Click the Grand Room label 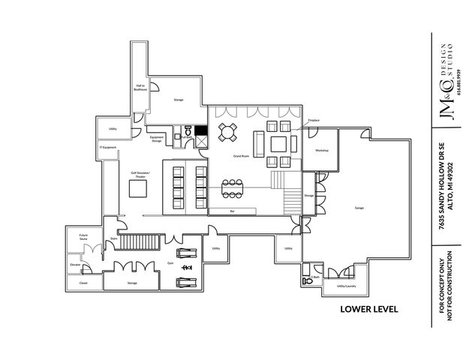click(x=241, y=155)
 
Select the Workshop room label click(x=322, y=151)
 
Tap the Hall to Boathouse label click(x=140, y=87)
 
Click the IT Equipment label click(x=108, y=147)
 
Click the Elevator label click(x=75, y=265)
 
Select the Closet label click(x=83, y=283)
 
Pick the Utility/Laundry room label click(x=346, y=286)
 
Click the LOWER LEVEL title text click(x=368, y=309)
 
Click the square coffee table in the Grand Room click(x=278, y=142)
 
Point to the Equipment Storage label click(x=157, y=139)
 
